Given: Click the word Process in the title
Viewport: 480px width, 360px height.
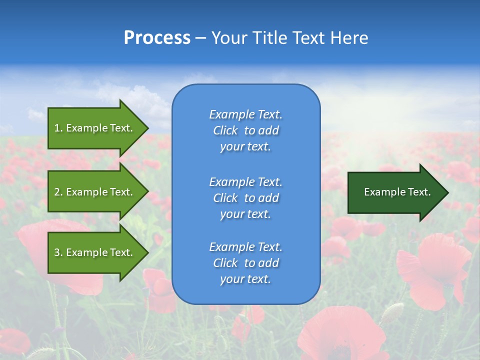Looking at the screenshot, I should (x=157, y=38).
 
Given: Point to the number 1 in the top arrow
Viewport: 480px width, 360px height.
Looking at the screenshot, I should (x=57, y=128).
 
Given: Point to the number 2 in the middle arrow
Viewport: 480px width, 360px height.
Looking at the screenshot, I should (x=57, y=192).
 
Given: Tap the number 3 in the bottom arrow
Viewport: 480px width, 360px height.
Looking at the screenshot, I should (x=57, y=252).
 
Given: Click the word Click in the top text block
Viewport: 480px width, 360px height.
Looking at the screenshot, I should (x=225, y=131).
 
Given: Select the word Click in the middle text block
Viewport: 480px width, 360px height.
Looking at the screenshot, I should (x=225, y=198).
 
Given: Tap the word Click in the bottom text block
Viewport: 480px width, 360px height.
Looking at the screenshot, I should (x=225, y=263).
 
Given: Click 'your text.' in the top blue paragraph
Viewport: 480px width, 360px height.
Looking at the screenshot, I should (x=245, y=147).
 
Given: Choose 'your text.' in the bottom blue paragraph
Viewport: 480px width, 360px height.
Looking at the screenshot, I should (x=245, y=279).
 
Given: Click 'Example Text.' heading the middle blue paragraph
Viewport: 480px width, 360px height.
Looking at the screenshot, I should (x=245, y=182).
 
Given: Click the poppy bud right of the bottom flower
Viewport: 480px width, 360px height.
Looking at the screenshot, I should (x=392, y=313).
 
